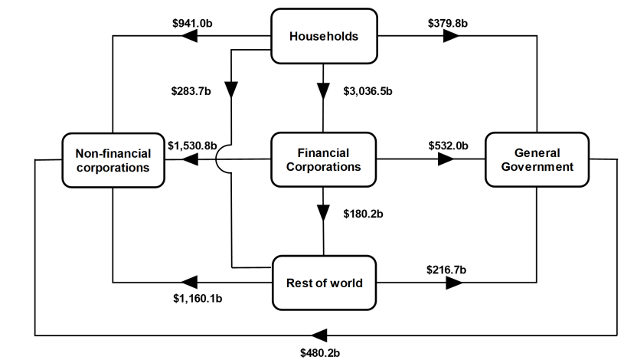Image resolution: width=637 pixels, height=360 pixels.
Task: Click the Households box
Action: (x=324, y=35)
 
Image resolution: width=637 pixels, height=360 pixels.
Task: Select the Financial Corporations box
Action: (x=324, y=160)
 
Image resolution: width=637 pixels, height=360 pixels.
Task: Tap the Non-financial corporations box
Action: (x=113, y=160)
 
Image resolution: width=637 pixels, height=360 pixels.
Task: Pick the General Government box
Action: (x=537, y=160)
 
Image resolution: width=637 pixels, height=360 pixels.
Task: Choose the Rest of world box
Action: (x=324, y=283)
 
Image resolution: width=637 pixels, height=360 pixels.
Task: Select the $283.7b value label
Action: (x=191, y=93)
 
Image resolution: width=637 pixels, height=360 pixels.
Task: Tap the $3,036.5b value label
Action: (x=367, y=93)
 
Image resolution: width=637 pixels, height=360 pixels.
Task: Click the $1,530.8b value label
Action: (x=192, y=145)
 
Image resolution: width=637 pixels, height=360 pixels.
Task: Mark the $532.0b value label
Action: (x=448, y=145)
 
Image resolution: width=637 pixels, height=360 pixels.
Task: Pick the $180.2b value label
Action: (x=363, y=213)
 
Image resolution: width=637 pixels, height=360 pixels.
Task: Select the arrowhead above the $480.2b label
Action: (x=319, y=335)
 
